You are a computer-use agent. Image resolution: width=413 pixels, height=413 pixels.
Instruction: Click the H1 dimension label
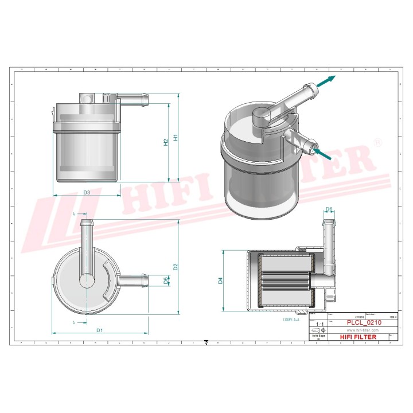176,138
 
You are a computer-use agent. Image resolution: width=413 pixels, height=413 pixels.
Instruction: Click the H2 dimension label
166,142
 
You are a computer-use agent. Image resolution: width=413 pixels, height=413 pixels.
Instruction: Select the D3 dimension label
86,192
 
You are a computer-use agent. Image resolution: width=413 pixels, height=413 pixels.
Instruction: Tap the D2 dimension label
176,266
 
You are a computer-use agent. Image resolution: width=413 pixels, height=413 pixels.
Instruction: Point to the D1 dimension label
99,330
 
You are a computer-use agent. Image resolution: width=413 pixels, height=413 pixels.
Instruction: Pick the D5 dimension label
166,280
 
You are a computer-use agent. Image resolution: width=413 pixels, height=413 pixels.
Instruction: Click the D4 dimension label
220,281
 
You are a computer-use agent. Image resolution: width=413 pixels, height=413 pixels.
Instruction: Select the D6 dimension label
329,209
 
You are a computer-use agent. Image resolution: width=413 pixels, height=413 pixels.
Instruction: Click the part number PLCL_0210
364,323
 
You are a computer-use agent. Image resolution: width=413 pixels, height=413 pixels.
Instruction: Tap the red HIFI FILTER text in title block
359,337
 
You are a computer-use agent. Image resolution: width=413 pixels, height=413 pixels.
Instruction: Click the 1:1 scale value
318,325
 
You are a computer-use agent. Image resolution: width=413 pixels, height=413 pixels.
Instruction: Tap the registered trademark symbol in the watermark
377,142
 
